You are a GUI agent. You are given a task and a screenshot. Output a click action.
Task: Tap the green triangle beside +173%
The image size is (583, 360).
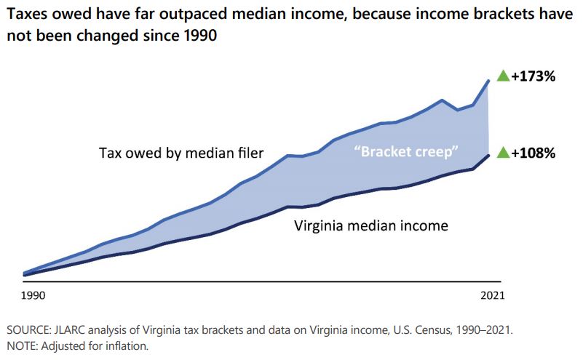tap(502, 75)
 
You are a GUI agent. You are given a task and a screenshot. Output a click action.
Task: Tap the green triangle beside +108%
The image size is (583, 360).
tap(502, 152)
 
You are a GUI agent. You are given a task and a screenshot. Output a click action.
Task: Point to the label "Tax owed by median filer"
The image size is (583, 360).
tap(181, 153)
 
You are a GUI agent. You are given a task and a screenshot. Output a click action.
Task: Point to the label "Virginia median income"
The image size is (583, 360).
tap(371, 225)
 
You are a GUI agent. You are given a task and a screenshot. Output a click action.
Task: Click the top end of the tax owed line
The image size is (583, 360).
tap(488, 81)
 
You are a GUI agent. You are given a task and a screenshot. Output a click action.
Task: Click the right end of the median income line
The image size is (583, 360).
tap(488, 155)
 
